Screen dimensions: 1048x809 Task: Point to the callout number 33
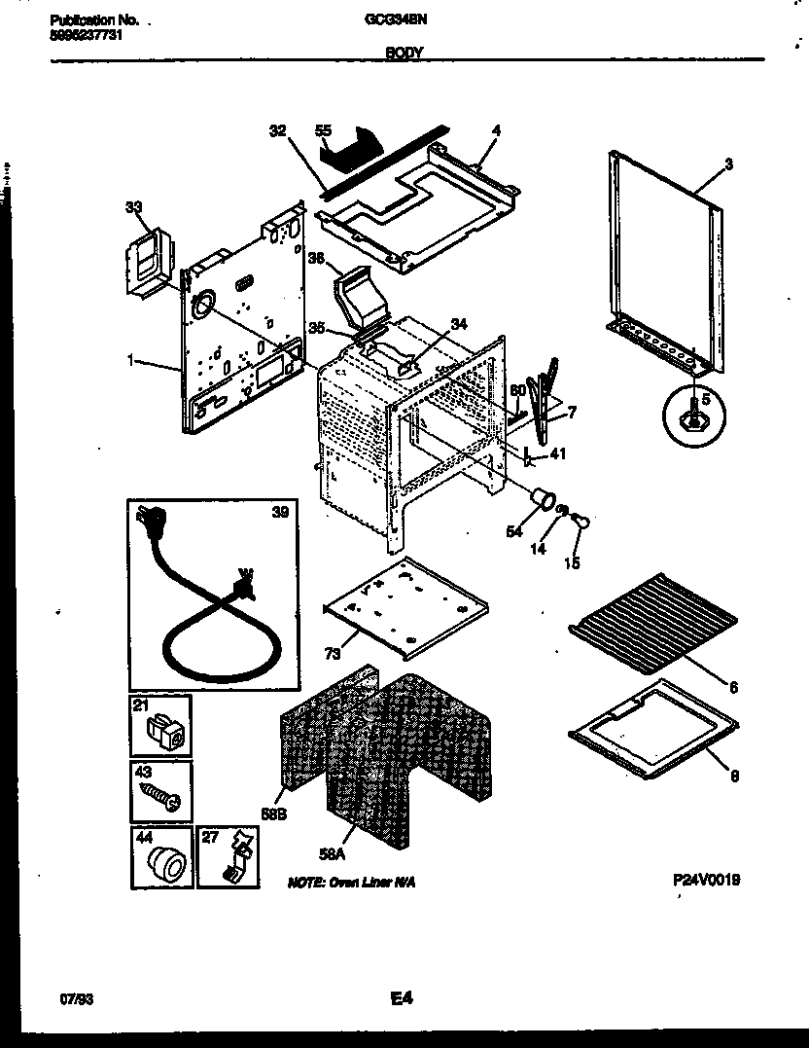(x=133, y=206)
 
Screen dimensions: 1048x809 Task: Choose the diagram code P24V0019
(x=707, y=879)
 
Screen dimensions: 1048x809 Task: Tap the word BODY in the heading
(x=404, y=54)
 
